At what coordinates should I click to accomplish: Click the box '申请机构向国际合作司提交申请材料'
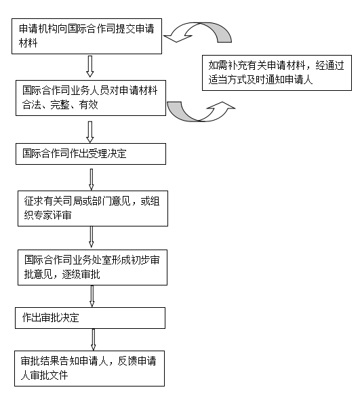(87, 36)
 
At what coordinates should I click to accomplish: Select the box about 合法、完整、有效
(91, 98)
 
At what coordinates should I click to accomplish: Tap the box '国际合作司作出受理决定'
(91, 154)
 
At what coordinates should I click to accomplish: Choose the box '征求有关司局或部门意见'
(93, 208)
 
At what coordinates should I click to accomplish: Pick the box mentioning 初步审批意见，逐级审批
(92, 267)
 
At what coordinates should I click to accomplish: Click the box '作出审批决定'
(90, 318)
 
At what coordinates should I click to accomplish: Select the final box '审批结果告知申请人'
(89, 368)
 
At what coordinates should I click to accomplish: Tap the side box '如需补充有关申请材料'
(277, 73)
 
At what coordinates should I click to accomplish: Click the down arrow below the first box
(90, 66)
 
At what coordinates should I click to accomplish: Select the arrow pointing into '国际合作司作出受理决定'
(90, 132)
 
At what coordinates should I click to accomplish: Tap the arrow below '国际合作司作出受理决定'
(92, 180)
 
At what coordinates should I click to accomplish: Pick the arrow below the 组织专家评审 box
(92, 237)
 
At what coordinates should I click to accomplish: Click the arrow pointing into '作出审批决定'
(92, 296)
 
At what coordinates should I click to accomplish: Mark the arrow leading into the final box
(93, 340)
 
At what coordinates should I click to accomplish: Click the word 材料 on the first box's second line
(28, 43)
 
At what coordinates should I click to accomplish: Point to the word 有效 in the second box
(88, 104)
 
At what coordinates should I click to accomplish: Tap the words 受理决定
(108, 153)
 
